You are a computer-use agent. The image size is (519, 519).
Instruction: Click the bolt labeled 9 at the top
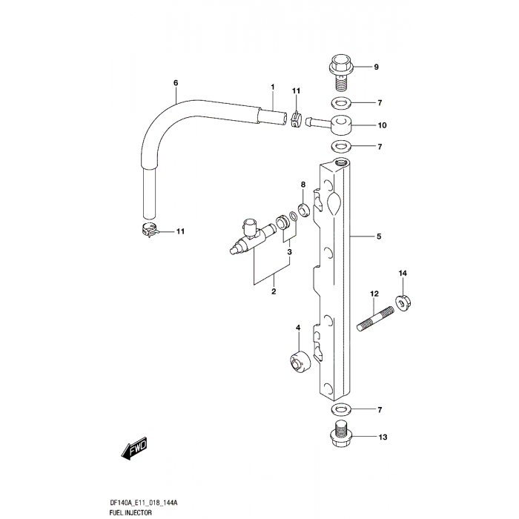click(340, 68)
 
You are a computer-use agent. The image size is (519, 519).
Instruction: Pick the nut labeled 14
click(403, 301)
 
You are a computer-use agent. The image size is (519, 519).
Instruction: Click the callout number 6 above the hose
click(176, 82)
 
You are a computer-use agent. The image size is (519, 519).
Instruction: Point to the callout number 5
click(378, 237)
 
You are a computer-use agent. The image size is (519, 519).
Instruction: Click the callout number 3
click(290, 252)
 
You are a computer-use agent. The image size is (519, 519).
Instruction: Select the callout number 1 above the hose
click(272, 87)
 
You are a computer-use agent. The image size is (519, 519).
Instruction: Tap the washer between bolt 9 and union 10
click(340, 102)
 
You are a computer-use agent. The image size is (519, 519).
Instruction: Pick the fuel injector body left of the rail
click(248, 237)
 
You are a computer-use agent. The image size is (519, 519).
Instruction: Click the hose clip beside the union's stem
click(296, 118)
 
